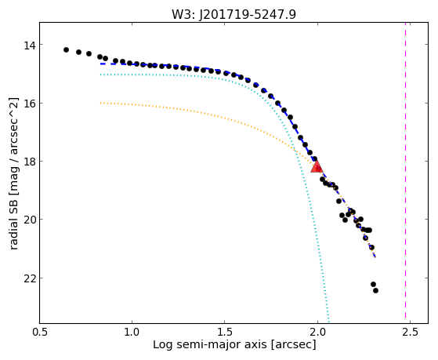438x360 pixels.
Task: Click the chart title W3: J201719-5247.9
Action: click(x=233, y=14)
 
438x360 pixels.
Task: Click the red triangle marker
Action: click(x=317, y=167)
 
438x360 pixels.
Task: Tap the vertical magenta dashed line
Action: click(x=405, y=173)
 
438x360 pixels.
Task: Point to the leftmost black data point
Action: click(x=66, y=49)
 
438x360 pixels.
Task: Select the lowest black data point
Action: click(x=375, y=291)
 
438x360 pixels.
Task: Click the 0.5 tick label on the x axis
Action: click(x=40, y=333)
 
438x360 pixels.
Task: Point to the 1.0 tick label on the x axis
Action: click(x=132, y=333)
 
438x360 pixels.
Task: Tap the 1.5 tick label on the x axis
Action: click(x=225, y=333)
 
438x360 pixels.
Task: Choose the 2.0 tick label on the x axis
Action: click(x=317, y=333)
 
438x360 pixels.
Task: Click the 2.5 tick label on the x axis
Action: click(x=411, y=333)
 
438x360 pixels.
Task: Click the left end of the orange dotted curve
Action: click(x=100, y=103)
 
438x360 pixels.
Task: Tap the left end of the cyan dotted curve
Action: click(x=100, y=75)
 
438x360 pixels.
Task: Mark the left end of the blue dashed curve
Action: click(x=100, y=64)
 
